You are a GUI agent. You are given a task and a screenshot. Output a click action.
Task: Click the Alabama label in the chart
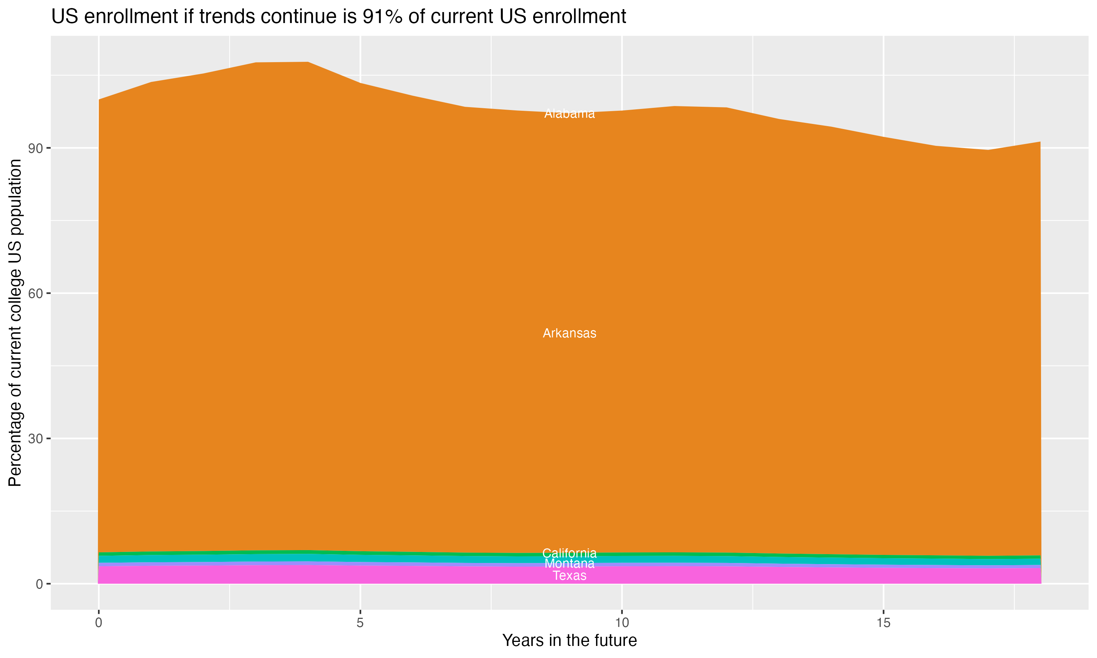(569, 114)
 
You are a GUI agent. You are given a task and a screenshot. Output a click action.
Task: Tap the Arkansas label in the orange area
(569, 333)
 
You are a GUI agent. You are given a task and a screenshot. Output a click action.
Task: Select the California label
(569, 553)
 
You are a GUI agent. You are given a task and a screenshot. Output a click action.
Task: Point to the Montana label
(569, 564)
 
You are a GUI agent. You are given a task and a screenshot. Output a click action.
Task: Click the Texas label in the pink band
(569, 575)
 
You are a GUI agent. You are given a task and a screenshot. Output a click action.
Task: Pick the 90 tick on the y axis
(35, 148)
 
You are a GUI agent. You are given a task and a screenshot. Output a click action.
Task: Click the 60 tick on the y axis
(35, 294)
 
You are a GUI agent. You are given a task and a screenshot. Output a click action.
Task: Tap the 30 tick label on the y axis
(35, 439)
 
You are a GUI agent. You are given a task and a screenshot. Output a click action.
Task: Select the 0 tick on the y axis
(39, 584)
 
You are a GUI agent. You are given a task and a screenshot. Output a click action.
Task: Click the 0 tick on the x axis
(98, 623)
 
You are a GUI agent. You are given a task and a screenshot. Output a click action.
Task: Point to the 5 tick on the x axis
(360, 623)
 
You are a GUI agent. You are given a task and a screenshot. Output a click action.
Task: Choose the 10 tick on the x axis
(622, 623)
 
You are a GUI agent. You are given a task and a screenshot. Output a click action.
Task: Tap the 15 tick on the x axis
(884, 623)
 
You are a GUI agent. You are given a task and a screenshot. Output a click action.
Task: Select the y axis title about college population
(15, 323)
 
